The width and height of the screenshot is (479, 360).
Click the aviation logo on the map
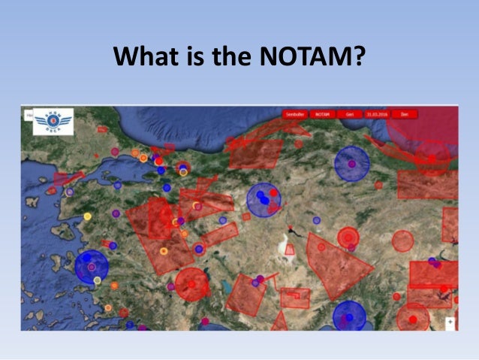pos(53,123)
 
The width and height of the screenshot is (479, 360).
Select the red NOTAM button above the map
pos(322,114)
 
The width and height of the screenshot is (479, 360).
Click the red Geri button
pos(349,114)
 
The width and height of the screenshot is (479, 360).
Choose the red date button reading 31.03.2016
pos(377,114)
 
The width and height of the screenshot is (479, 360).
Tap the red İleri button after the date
pos(404,114)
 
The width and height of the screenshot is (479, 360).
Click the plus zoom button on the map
pos(450,322)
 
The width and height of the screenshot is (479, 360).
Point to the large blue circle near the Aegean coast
pos(92,267)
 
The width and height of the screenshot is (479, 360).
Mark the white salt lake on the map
pos(288,249)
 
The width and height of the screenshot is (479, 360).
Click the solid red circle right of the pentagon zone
pos(403,241)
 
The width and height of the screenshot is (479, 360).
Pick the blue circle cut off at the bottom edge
pos(349,316)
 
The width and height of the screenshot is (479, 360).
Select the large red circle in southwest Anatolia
pos(192,285)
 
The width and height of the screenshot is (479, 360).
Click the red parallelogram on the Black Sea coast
pos(255,150)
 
